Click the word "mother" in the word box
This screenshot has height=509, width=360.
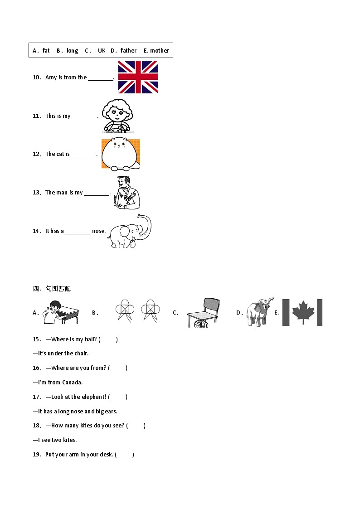coord(160,51)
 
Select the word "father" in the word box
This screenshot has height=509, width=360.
coord(129,50)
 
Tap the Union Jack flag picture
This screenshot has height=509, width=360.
coord(138,77)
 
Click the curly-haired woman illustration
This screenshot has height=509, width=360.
coord(117,116)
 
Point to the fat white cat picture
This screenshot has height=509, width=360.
coord(121,154)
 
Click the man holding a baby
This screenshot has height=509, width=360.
coord(127,193)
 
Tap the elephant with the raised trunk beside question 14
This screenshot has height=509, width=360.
coord(130,231)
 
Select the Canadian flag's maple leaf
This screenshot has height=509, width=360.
coord(303,312)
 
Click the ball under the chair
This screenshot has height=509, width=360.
coord(201,324)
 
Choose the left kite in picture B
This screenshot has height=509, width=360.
coord(125,310)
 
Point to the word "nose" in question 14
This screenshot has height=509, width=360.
coord(98,231)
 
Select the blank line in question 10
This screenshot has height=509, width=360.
coord(100,80)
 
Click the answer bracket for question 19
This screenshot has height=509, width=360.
coord(125,455)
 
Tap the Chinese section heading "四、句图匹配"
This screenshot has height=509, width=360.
coord(52,289)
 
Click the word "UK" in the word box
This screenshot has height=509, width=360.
coord(102,51)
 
